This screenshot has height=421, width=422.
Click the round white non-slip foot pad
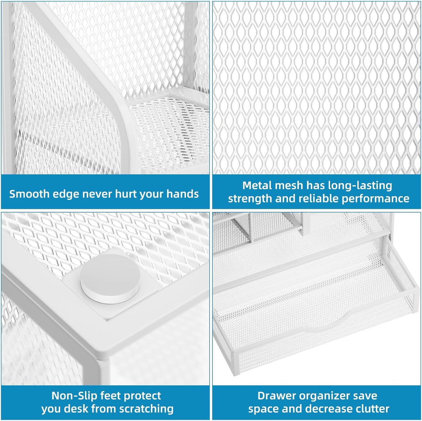(110, 277)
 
